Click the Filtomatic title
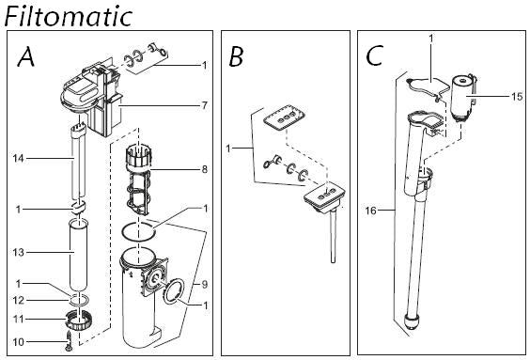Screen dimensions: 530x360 coord(69,16)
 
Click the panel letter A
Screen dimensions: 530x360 coord(26,56)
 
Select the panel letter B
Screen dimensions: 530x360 coord(236,56)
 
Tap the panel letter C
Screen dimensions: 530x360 coord(375,56)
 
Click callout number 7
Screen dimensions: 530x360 coord(204,106)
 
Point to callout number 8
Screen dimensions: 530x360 coord(204,169)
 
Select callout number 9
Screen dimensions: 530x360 coord(204,284)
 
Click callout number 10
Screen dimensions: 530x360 coord(19,342)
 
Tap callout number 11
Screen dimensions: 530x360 coord(19,319)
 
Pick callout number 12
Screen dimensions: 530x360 coord(19,300)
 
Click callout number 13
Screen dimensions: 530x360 coord(19,252)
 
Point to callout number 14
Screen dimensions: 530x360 coord(19,158)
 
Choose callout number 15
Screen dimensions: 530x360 coord(517,97)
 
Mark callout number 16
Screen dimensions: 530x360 coord(370,211)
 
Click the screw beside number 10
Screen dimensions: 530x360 coord(70,341)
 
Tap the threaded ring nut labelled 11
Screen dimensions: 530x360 coord(79,320)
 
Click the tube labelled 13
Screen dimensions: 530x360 coord(78,256)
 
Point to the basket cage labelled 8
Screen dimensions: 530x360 coord(138,180)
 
